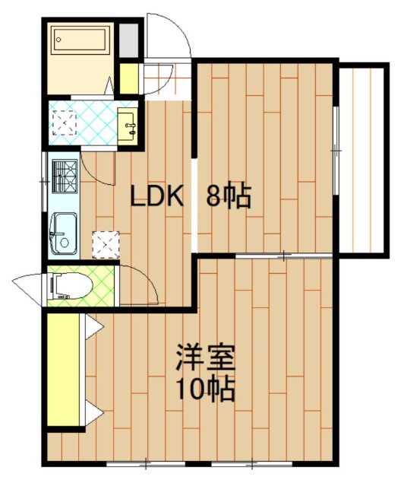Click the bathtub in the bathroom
click(80, 40)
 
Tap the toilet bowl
click(73, 286)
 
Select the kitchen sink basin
click(64, 234)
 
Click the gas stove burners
click(65, 176)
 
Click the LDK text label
click(158, 195)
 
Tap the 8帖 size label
click(229, 196)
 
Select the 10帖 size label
click(206, 389)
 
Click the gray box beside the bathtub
click(128, 40)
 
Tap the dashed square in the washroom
click(65, 123)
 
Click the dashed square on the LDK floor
click(106, 245)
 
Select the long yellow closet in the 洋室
click(64, 369)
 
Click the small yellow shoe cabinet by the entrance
click(129, 78)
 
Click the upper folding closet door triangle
click(93, 326)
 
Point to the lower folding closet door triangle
click(93, 412)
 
